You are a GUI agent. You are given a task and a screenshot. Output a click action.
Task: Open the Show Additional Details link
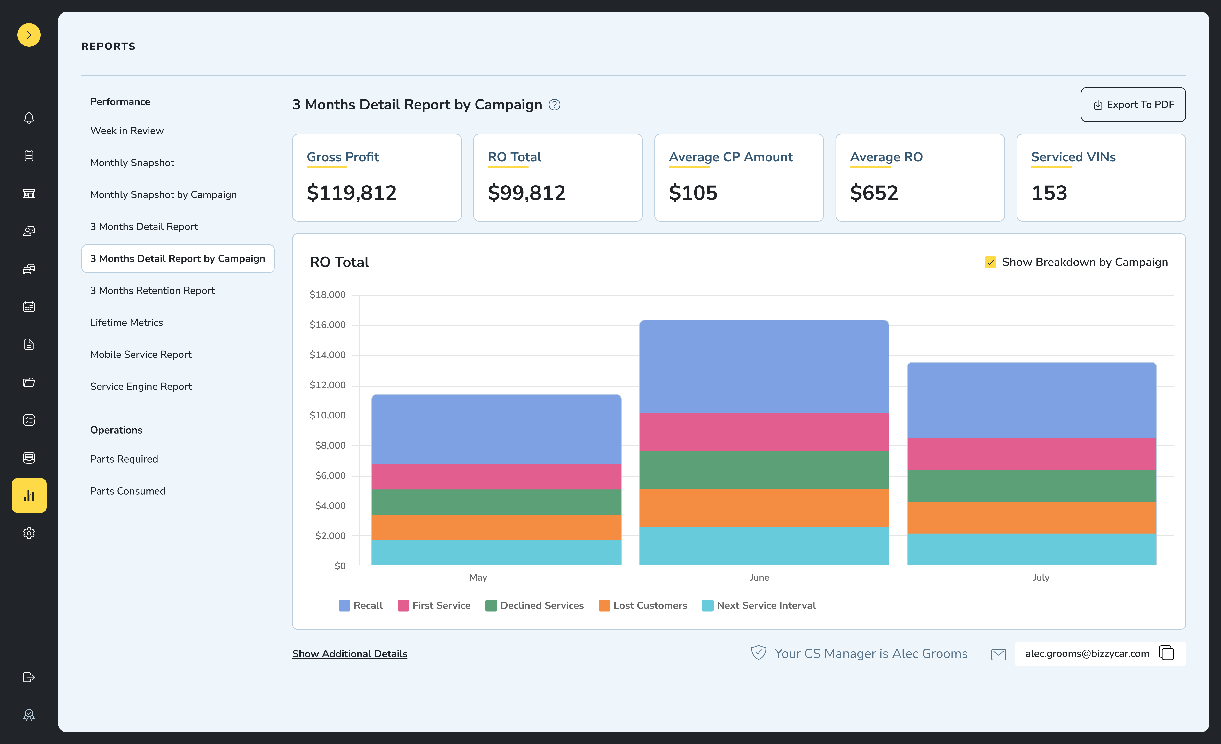(349, 654)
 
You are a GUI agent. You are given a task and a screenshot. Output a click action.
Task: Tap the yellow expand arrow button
(29, 35)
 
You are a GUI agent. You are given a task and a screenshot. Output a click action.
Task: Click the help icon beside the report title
(555, 105)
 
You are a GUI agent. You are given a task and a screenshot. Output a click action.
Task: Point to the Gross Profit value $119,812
(351, 193)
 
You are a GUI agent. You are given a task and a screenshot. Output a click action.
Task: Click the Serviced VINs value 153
(1049, 193)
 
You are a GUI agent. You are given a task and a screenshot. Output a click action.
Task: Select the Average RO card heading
(886, 157)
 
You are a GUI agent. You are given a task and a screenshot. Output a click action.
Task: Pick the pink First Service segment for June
(764, 431)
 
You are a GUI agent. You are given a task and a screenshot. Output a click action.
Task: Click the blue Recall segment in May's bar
(496, 429)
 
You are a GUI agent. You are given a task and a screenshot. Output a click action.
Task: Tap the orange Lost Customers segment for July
(1031, 518)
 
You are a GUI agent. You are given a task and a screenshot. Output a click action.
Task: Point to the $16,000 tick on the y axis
(328, 325)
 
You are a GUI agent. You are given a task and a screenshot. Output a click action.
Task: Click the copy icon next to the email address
(1166, 653)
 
